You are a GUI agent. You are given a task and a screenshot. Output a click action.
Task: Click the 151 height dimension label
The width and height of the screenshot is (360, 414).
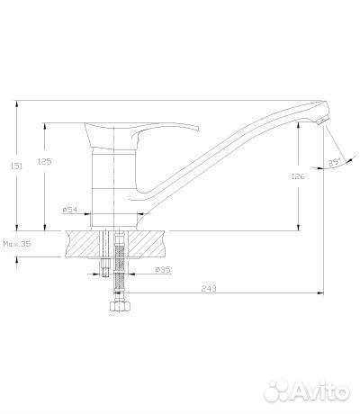point(17,166)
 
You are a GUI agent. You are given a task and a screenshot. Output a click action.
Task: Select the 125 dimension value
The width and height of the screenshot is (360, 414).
point(45,161)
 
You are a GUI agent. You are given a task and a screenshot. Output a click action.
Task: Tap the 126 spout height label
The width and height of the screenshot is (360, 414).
point(298,176)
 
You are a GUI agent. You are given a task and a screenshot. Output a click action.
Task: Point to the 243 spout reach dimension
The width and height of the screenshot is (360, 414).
point(209,289)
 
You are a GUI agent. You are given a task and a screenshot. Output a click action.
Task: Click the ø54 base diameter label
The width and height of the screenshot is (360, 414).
point(70,210)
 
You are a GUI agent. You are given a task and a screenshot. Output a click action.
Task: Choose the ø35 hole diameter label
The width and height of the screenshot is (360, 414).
point(163,270)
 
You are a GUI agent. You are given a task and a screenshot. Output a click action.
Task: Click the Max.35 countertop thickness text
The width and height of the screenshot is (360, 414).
point(17,244)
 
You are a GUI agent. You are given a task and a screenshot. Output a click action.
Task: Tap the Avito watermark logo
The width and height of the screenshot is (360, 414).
point(307,391)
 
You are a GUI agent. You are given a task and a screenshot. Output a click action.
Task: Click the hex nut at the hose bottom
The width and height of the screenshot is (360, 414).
point(120,306)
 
